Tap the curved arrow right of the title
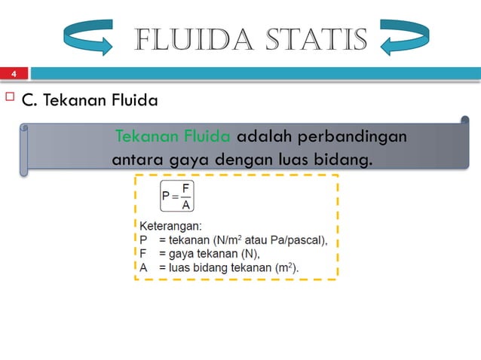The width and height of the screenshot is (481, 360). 405,38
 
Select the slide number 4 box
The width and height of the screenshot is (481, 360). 14,74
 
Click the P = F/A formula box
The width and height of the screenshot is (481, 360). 176,196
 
